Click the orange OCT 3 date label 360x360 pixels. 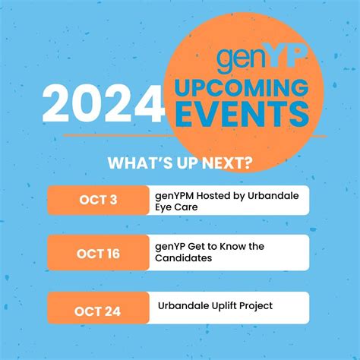(x=98, y=200)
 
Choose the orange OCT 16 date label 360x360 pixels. (x=98, y=253)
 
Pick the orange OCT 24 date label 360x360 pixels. (x=98, y=310)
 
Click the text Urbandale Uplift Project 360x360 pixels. (x=215, y=305)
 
